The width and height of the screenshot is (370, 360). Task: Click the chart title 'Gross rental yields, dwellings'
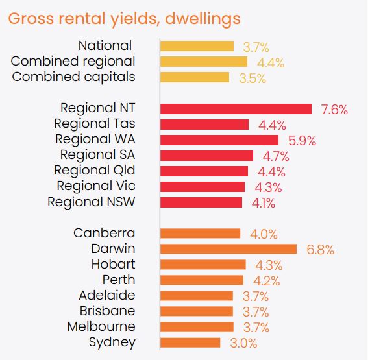(124, 18)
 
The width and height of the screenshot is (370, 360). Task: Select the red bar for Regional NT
(236, 109)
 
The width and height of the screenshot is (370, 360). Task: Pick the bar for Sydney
(191, 342)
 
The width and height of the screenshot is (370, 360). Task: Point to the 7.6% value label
(334, 109)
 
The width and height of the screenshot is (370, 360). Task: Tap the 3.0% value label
(243, 342)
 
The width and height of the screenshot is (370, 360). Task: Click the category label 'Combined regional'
(73, 62)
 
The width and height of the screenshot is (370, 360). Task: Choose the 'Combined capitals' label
(73, 77)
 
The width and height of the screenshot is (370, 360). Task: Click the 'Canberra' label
(105, 234)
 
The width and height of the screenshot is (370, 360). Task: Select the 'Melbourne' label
(101, 327)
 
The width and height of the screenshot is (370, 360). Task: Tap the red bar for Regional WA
(219, 140)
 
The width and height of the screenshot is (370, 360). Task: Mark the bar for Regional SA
(206, 156)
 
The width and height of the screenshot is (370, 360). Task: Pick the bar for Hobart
(203, 265)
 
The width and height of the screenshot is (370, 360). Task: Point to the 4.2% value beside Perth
(266, 280)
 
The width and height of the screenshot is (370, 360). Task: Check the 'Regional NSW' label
(92, 202)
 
